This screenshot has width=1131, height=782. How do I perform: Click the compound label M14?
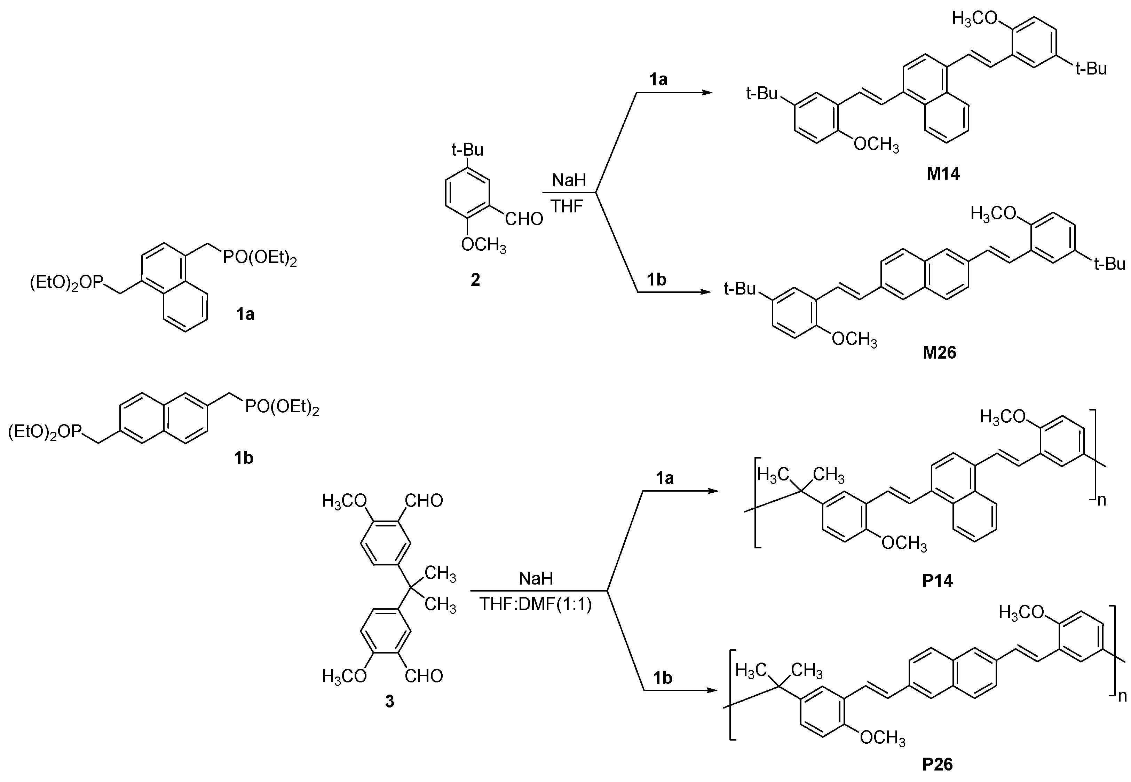tap(943, 174)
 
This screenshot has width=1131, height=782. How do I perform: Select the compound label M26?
tap(939, 353)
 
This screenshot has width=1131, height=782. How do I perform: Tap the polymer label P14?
tap(937, 581)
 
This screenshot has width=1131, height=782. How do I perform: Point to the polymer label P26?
tap(937, 764)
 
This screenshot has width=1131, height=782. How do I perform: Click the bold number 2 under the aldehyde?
tap(475, 280)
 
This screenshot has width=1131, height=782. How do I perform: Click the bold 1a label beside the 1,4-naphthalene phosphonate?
tap(245, 314)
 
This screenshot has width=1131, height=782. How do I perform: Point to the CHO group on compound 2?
tap(524, 219)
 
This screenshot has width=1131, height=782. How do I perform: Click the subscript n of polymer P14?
tap(1102, 501)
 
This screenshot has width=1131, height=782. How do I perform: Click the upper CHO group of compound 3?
tap(424, 501)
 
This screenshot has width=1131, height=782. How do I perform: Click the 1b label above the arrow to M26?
tap(657, 280)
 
